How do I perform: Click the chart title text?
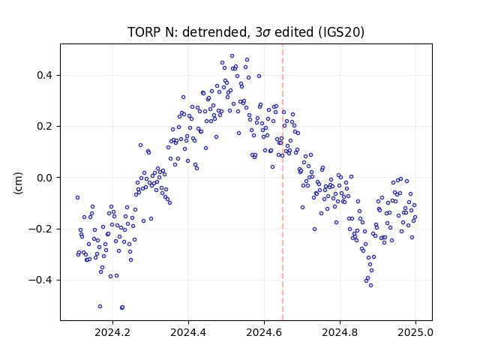pyautogui.click(x=246, y=32)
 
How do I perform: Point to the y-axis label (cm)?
pyautogui.click(x=18, y=183)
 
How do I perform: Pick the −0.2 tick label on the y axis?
pyautogui.click(x=41, y=229)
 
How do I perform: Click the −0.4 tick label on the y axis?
pyautogui.click(x=41, y=280)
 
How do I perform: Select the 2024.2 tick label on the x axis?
pyautogui.click(x=112, y=332)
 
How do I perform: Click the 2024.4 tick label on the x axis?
pyautogui.click(x=188, y=332)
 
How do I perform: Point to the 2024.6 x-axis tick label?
pyautogui.click(x=264, y=332)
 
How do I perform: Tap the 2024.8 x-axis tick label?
pyautogui.click(x=340, y=332)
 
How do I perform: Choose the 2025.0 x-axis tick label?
pyautogui.click(x=415, y=332)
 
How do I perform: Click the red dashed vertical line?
pyautogui.click(x=283, y=182)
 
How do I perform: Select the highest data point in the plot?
pyautogui.click(x=232, y=56)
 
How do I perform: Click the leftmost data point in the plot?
pyautogui.click(x=77, y=198)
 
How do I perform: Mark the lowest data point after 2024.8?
pyautogui.click(x=370, y=285)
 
